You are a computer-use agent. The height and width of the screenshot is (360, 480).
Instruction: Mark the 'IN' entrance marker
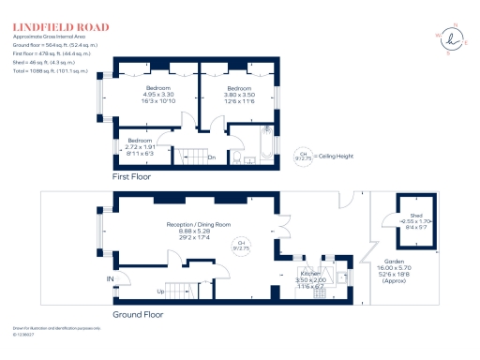point(111,278)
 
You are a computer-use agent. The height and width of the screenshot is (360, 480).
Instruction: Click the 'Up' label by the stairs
point(160,291)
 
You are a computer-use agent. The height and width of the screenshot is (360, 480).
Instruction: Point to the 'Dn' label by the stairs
point(212,157)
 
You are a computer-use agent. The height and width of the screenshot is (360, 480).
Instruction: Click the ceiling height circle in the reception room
point(241,246)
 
